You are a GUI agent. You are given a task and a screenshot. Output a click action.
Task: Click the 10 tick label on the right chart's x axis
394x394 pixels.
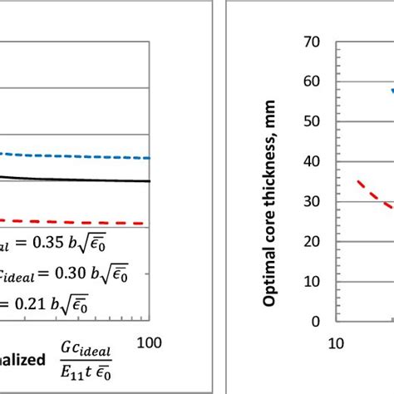(338, 342)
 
